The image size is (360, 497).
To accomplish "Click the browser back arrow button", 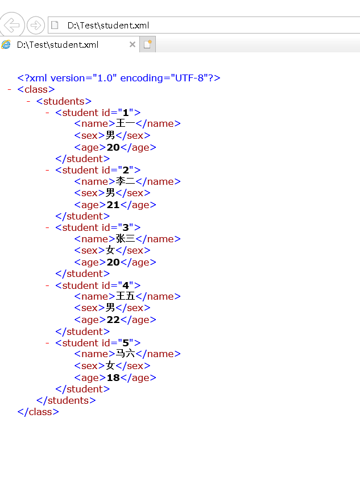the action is click(x=13, y=25).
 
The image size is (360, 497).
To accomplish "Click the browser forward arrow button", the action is click(x=36, y=25).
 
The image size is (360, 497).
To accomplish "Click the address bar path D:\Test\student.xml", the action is click(x=108, y=25).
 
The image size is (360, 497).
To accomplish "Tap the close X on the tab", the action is click(x=133, y=44).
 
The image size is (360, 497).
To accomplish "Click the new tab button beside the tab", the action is click(x=147, y=44).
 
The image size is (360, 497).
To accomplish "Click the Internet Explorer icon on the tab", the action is click(x=6, y=44).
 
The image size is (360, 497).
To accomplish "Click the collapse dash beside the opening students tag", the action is click(x=28, y=101).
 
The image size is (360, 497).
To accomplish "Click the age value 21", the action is click(x=113, y=205).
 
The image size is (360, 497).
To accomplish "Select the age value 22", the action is click(x=113, y=320).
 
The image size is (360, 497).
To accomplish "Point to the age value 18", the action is click(x=113, y=378).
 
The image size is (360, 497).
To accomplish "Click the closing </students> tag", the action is click(x=66, y=400).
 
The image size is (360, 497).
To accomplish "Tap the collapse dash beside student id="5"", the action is click(x=48, y=343).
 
